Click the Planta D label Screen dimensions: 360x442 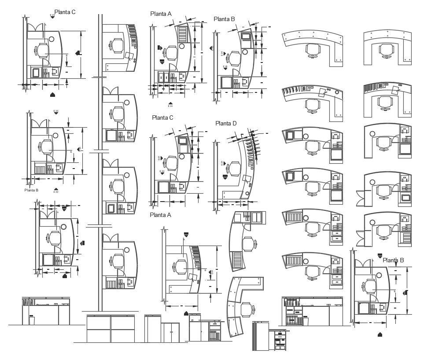(x=226, y=123)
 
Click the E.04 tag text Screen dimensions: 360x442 (x=170, y=106)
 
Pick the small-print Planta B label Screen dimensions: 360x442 (x=31, y=190)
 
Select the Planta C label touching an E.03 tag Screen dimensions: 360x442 (x=65, y=12)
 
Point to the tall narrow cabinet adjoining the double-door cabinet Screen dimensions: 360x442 (x=153, y=328)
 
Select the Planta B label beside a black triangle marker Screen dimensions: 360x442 (x=393, y=260)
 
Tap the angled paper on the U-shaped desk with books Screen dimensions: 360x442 (x=394, y=91)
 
